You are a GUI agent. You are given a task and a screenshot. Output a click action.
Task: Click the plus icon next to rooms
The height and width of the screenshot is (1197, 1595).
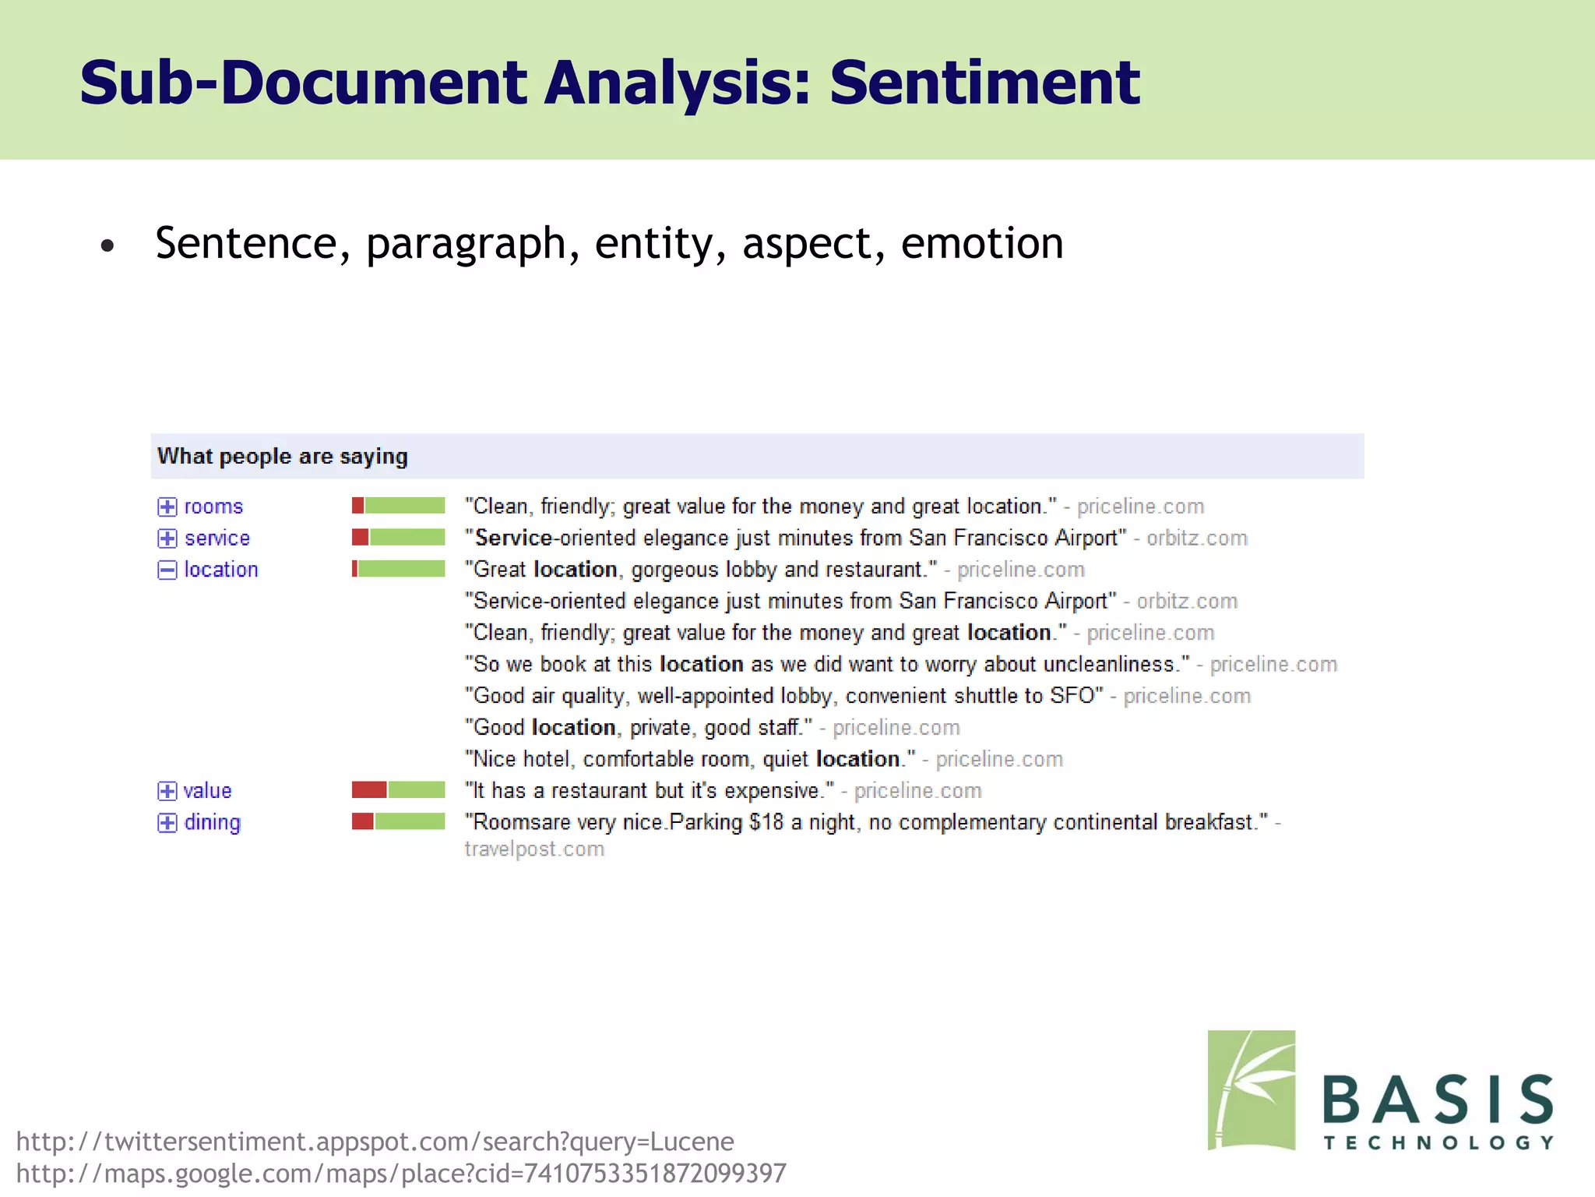[x=167, y=507]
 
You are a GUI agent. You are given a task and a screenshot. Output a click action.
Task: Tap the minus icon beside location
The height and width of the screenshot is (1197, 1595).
[x=167, y=570]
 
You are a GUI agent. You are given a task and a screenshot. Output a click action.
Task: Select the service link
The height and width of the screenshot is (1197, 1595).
[x=217, y=538]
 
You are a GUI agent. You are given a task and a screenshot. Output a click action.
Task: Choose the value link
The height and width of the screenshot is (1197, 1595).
[x=207, y=791]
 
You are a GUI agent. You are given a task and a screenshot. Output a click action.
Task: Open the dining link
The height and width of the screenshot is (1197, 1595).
[x=212, y=823]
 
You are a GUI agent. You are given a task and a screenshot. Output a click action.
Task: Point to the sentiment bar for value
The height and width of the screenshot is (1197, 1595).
[x=398, y=790]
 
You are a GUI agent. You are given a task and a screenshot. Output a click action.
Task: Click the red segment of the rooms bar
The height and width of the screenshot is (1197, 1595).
[x=357, y=506]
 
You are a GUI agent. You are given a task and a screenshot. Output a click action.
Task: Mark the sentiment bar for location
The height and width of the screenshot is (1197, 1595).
[x=398, y=569]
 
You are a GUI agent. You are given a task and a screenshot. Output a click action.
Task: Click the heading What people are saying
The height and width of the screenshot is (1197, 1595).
[x=282, y=457]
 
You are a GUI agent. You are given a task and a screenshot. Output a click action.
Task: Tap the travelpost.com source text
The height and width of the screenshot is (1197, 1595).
[x=534, y=849]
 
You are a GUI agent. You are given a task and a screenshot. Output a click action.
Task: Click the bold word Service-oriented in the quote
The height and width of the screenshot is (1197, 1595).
[x=513, y=538]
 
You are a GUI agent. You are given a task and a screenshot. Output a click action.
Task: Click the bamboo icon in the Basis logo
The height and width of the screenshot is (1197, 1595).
[x=1251, y=1090]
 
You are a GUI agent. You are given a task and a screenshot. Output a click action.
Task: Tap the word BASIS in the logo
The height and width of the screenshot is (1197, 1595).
[x=1438, y=1100]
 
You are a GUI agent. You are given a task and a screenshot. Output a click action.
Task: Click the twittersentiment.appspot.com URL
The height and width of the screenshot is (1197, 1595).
[x=375, y=1142]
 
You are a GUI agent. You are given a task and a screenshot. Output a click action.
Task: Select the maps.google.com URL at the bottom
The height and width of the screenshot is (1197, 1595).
[x=401, y=1174]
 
